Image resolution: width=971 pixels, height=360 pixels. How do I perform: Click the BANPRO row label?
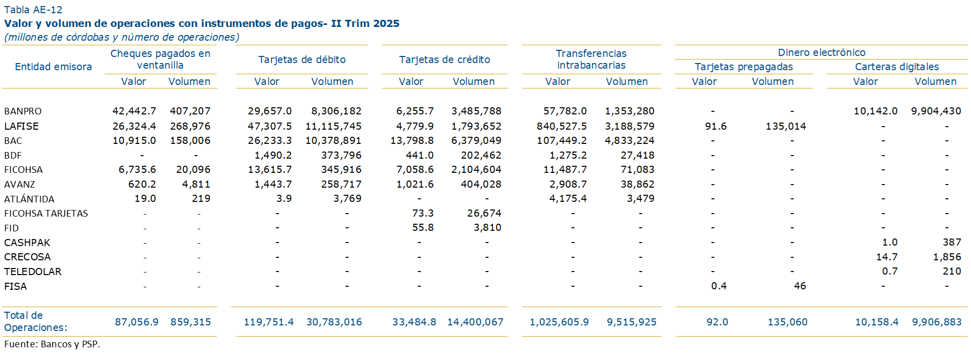[x=23, y=111]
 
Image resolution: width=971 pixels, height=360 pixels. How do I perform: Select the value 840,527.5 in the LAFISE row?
[x=562, y=126]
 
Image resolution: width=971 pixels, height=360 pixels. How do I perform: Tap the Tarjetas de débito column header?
[x=302, y=59]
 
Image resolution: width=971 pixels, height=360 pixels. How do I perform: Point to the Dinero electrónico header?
[x=821, y=52]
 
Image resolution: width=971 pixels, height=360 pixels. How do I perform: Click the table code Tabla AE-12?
[x=33, y=10]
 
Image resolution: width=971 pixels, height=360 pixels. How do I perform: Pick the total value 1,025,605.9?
[x=559, y=322]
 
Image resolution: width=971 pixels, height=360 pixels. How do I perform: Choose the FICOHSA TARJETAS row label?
[x=46, y=214]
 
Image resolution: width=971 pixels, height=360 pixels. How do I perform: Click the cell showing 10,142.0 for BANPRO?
[x=875, y=111]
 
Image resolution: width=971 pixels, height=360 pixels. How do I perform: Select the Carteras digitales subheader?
[x=897, y=67]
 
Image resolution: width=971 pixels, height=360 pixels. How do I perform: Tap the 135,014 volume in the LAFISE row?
[x=786, y=126]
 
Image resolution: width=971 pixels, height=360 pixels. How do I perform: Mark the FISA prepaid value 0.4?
[x=719, y=286]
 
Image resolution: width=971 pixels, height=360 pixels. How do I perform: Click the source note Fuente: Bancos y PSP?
[x=52, y=344]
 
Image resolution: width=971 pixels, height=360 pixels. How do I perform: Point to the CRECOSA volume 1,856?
[x=947, y=257]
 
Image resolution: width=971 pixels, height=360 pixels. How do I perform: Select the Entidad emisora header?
[x=53, y=67]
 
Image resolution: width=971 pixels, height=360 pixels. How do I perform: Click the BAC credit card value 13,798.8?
[x=412, y=140]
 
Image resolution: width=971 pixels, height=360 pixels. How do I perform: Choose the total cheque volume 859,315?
[x=191, y=322]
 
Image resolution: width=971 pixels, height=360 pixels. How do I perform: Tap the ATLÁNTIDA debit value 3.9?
[x=284, y=199]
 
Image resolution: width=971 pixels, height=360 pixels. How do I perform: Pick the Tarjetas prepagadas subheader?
[x=744, y=67]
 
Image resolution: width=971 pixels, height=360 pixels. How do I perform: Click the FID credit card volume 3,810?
[x=487, y=228]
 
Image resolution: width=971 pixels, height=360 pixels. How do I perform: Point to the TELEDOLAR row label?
[x=33, y=272]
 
